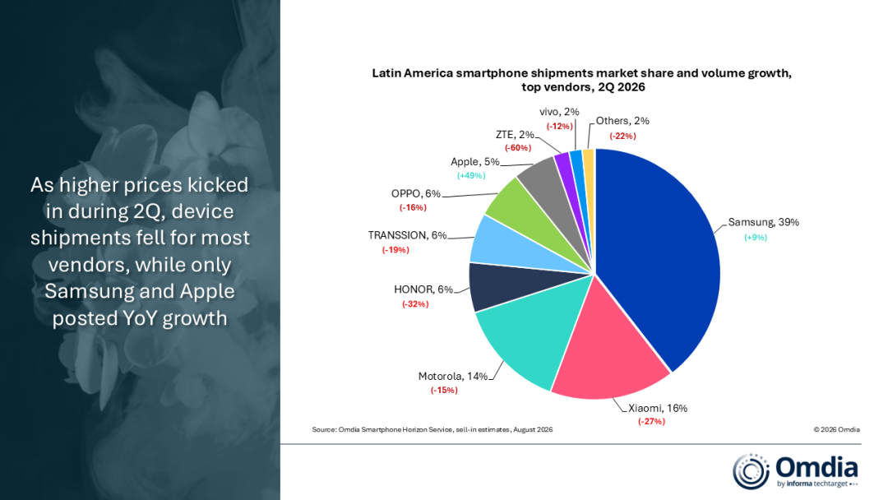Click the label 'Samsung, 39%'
coord(763,223)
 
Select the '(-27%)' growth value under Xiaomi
coord(651,421)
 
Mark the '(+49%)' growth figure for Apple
coord(471,175)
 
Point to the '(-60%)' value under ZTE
coord(518,148)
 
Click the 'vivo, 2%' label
coord(559,112)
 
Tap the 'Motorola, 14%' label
coord(452,377)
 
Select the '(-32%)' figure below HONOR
coord(415,304)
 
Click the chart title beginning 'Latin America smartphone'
coord(581,80)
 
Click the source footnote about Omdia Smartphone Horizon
coord(432,430)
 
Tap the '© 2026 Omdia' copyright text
coord(836,430)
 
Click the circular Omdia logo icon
coord(751,471)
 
